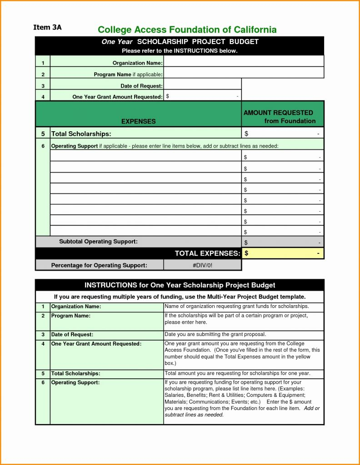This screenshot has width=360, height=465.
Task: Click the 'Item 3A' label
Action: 47,27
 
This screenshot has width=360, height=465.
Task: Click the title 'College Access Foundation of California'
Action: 187,30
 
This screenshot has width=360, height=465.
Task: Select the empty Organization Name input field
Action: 243,61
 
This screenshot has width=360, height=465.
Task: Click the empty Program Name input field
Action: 243,73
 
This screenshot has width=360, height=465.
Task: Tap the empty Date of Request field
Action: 202,84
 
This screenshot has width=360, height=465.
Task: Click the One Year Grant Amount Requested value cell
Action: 202,96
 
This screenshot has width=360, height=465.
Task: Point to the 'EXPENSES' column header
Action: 138,121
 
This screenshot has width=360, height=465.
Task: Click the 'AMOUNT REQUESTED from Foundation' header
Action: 282,117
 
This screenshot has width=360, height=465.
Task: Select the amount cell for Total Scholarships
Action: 282,134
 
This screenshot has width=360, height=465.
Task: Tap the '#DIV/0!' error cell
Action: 202,265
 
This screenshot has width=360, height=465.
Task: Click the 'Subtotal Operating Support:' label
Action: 98,242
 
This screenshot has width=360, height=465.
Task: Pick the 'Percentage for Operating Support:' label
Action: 99,265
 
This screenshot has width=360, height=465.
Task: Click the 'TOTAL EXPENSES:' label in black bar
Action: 207,253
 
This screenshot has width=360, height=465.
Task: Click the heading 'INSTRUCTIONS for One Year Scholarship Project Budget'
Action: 180,285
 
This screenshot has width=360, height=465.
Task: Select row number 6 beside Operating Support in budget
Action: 43,146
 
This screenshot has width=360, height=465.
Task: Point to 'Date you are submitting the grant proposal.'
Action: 215,334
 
